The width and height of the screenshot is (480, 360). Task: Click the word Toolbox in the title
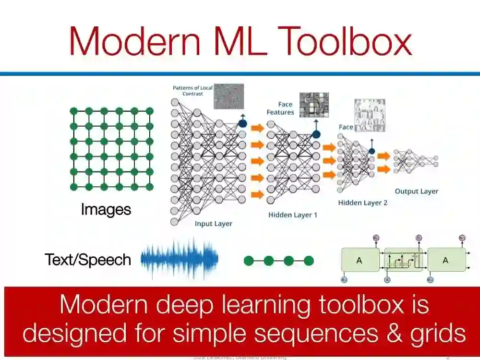(x=346, y=41)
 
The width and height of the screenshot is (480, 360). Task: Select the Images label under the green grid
(x=106, y=210)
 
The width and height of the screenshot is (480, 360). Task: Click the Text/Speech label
(x=88, y=260)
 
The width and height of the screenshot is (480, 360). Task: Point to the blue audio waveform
(x=180, y=259)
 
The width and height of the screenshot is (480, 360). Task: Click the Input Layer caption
(x=213, y=224)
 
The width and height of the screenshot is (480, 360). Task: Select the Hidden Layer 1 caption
(x=292, y=215)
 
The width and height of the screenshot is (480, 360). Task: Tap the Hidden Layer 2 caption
(x=362, y=203)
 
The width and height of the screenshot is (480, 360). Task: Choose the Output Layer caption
(x=416, y=191)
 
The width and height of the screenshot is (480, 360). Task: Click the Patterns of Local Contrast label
(x=192, y=91)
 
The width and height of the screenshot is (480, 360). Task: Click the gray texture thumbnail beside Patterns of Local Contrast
(x=228, y=96)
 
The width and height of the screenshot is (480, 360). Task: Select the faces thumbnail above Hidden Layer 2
(x=370, y=115)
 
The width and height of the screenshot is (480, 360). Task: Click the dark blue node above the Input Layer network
(x=242, y=123)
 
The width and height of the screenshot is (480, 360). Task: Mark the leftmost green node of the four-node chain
(x=249, y=261)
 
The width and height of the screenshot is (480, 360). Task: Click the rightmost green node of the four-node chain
(x=309, y=261)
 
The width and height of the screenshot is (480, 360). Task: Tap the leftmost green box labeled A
(x=359, y=260)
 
